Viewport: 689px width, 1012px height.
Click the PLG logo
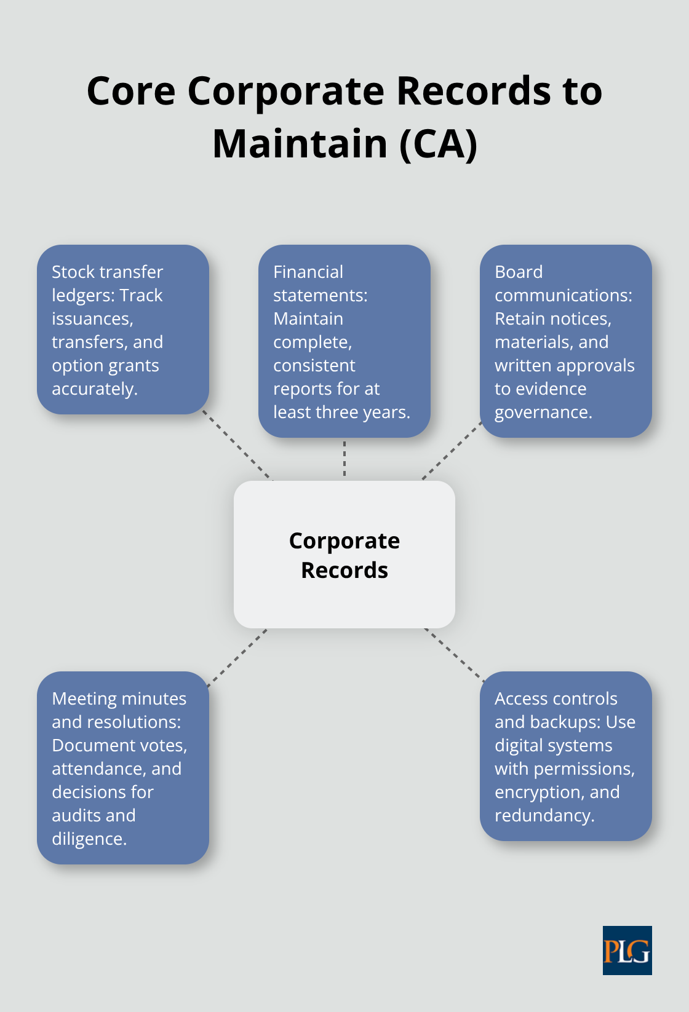[x=627, y=950]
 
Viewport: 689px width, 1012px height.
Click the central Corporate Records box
[x=344, y=554]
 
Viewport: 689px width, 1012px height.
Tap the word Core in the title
[x=131, y=92]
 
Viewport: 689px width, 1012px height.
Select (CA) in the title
[x=439, y=144]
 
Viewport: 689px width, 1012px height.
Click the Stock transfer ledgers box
[x=123, y=330]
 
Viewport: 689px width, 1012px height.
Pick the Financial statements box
[x=344, y=341]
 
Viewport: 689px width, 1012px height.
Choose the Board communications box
[x=565, y=341]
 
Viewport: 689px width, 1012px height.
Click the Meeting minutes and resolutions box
[x=123, y=768]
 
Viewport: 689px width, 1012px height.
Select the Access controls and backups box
[x=565, y=756]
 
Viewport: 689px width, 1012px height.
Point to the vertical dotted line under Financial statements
[x=344, y=459]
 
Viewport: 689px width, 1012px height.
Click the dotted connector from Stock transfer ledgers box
[x=237, y=445]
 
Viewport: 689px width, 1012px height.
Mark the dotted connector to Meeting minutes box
[x=237, y=657]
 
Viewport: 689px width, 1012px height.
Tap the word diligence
[x=89, y=839]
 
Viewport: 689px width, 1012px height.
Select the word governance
[x=543, y=413]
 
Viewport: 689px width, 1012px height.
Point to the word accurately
[x=94, y=389]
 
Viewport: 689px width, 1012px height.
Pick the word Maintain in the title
[x=300, y=144]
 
